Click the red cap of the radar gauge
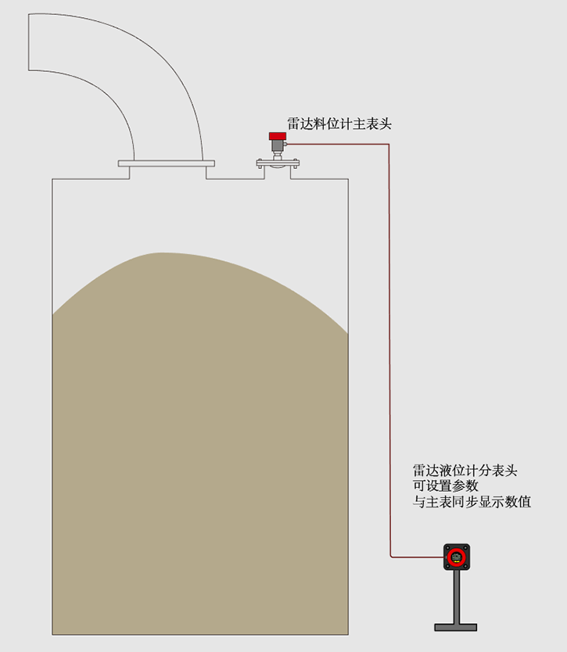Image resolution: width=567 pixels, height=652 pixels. point(277,136)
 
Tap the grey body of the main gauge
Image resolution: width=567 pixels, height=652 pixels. point(277,148)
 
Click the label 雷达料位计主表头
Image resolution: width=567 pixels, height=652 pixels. point(339,123)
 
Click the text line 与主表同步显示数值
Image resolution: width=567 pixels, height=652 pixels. point(472,502)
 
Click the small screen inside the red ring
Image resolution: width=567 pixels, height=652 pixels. point(456,557)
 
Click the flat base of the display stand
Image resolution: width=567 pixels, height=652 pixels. point(456,626)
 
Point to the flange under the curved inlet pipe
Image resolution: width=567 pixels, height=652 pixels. point(166,163)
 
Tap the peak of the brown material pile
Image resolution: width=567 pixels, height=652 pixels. point(160,253)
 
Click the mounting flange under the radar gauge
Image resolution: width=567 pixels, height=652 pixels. point(278,163)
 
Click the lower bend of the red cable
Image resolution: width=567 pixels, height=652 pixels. point(390,557)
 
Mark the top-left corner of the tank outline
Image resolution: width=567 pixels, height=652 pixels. point(52,180)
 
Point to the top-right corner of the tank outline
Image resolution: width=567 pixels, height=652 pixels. point(348,180)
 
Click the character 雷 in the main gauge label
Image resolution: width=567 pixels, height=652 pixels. point(294,123)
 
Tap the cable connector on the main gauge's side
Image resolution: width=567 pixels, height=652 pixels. point(287,144)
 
